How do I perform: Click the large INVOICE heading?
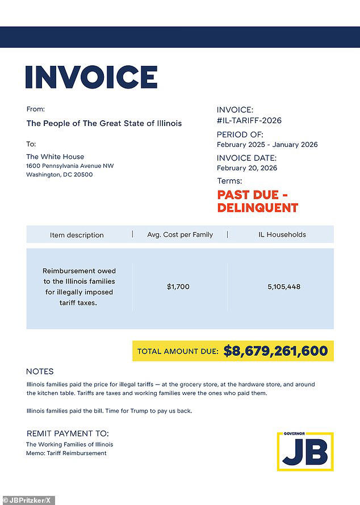tap(91, 77)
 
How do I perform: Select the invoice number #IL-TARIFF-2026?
tap(249, 120)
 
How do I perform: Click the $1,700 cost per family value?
tap(178, 287)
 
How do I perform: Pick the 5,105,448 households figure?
tap(284, 287)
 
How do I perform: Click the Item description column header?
tap(77, 235)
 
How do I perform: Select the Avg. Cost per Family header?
tap(180, 234)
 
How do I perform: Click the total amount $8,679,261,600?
tap(275, 351)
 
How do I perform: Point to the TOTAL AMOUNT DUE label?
tap(178, 352)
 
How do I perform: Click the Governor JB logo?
tap(305, 451)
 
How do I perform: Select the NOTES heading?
tap(40, 372)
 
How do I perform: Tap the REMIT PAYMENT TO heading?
tap(68, 434)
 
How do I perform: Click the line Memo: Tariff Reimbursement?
tap(66, 453)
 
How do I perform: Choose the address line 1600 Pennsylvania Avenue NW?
tap(70, 166)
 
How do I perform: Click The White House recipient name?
tap(55, 157)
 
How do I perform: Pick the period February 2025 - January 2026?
tap(267, 145)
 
